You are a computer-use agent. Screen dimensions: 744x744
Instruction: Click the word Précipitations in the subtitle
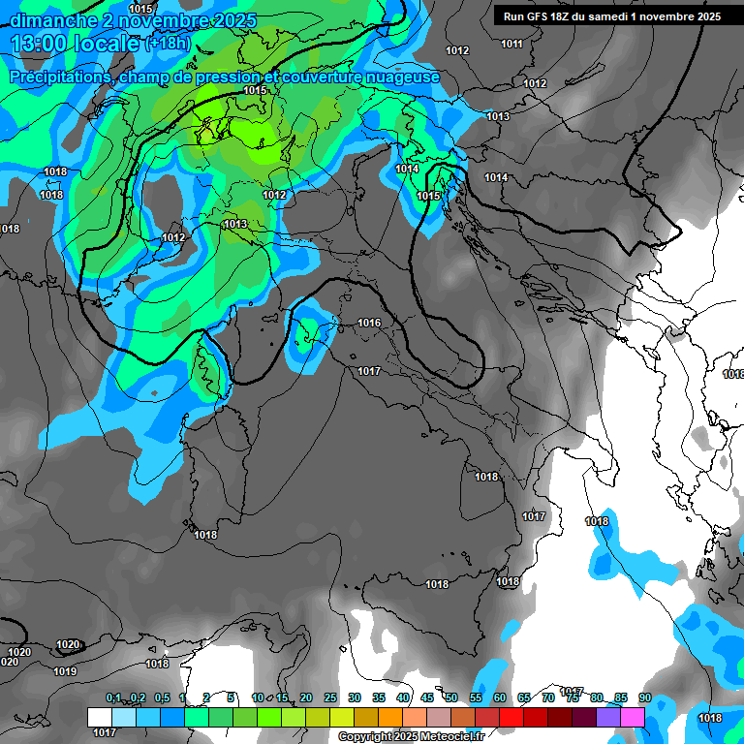pyautogui.click(x=58, y=77)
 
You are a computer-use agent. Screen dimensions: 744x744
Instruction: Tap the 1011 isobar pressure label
pyautogui.click(x=511, y=44)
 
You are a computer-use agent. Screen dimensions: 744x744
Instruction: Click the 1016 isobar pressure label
pyautogui.click(x=369, y=323)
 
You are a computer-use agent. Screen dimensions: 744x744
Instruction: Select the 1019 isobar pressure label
pyautogui.click(x=65, y=671)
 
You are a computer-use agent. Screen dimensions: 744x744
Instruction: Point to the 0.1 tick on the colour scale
pyautogui.click(x=113, y=698)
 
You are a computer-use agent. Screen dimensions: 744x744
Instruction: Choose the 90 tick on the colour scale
pyautogui.click(x=644, y=698)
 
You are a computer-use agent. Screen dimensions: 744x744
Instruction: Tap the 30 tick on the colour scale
pyautogui.click(x=355, y=698)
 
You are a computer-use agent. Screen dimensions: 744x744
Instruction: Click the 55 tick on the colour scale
pyautogui.click(x=476, y=698)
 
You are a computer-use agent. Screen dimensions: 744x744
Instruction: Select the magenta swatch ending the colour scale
pyautogui.click(x=633, y=717)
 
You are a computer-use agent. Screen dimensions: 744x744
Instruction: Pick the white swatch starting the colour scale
pyautogui.click(x=100, y=717)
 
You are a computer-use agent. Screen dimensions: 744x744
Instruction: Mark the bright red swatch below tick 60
pyautogui.click(x=511, y=717)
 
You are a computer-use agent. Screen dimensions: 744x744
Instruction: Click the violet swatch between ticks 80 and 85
pyautogui.click(x=608, y=717)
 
